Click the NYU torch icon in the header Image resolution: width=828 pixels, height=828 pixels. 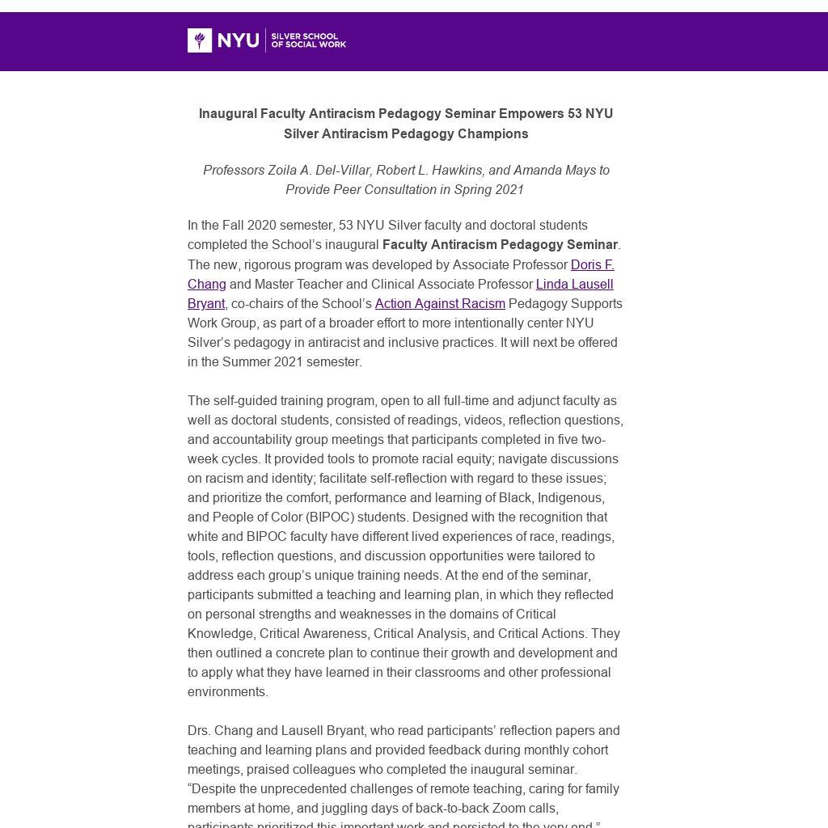(200, 40)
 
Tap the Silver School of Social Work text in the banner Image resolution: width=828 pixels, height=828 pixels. (308, 40)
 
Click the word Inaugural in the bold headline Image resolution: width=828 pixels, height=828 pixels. (227, 114)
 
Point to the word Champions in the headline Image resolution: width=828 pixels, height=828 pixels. (494, 134)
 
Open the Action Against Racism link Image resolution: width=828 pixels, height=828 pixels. (440, 304)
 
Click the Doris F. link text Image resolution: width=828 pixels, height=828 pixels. (592, 265)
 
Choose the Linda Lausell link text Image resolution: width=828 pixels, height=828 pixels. (574, 285)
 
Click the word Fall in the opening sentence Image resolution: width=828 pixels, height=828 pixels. (232, 226)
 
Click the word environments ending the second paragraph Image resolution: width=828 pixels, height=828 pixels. (226, 692)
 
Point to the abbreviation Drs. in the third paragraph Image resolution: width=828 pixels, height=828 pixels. (200, 731)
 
